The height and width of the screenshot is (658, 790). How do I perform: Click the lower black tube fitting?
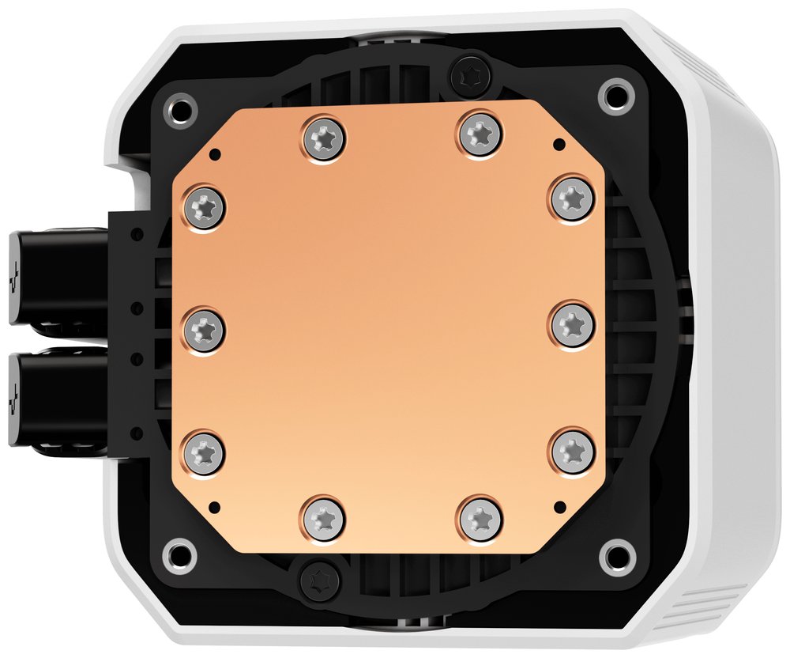pyautogui.click(x=55, y=395)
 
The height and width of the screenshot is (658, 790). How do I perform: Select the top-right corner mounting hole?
pyautogui.click(x=612, y=96)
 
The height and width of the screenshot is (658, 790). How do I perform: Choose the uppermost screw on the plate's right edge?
pyautogui.click(x=570, y=195)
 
